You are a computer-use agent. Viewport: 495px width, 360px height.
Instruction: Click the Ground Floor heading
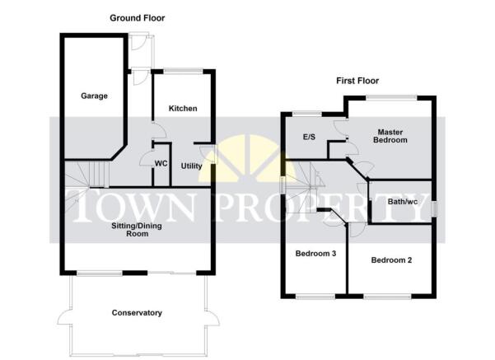click(x=138, y=18)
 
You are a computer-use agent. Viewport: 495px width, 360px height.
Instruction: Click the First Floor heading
click(x=357, y=81)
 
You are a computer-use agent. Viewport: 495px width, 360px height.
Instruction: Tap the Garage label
click(x=94, y=96)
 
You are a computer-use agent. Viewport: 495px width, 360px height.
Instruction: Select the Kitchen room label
click(x=183, y=109)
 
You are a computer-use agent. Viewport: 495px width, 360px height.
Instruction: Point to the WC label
click(x=161, y=164)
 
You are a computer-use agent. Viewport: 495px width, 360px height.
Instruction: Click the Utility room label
click(x=191, y=166)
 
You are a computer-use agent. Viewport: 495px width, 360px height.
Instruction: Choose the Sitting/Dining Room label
click(x=137, y=230)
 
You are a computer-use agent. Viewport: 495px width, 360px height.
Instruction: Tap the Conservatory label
click(x=137, y=313)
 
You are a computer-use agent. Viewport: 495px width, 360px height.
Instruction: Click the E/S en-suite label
click(x=309, y=137)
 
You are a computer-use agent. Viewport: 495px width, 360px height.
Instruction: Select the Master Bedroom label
click(x=390, y=136)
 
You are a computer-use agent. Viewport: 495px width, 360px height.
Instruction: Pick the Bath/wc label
click(x=403, y=202)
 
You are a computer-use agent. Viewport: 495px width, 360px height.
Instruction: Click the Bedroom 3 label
click(x=315, y=254)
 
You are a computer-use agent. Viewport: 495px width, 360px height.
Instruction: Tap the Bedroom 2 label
click(x=391, y=260)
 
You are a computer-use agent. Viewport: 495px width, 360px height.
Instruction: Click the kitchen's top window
click(x=184, y=72)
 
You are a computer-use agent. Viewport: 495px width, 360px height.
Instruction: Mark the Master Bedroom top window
click(x=391, y=98)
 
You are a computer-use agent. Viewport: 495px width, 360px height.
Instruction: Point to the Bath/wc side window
click(x=435, y=209)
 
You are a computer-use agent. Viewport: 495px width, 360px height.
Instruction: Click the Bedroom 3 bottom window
click(x=315, y=297)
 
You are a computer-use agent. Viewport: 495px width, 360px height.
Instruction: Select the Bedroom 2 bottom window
click(x=387, y=297)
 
